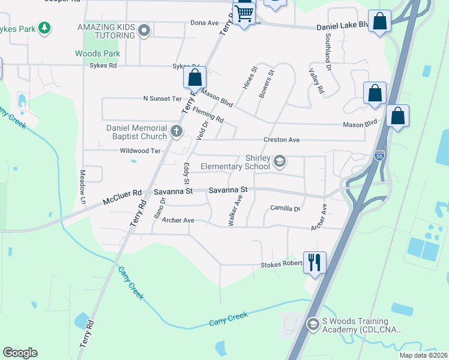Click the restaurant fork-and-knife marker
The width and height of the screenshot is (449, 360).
[315, 262]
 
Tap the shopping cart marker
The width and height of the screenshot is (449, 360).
[244, 13]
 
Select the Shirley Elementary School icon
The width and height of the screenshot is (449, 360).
[279, 161]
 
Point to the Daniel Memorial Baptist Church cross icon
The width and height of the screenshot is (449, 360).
[176, 131]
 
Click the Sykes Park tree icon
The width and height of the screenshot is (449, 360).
[44, 28]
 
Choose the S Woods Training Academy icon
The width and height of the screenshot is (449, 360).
[313, 325]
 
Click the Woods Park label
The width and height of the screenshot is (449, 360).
[97, 53]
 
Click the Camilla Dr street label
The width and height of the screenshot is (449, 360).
[285, 208]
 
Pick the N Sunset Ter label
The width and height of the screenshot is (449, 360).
[162, 98]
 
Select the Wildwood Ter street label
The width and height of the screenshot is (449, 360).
[140, 151]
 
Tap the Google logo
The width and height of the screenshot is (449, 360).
[20, 353]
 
